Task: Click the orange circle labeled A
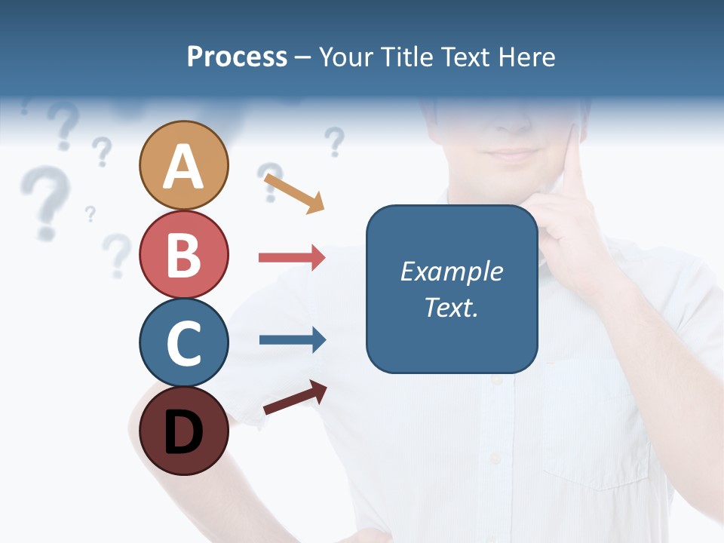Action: pyautogui.click(x=183, y=165)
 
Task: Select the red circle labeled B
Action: pyautogui.click(x=183, y=254)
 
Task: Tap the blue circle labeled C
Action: pyautogui.click(x=183, y=343)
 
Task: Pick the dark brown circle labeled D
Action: pyautogui.click(x=183, y=431)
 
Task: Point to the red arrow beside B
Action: pyautogui.click(x=292, y=258)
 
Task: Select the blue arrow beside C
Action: pyautogui.click(x=292, y=340)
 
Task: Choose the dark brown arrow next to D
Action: pyautogui.click(x=295, y=397)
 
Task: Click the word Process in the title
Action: pyautogui.click(x=237, y=57)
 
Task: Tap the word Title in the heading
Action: pyautogui.click(x=409, y=57)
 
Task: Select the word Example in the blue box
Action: pyautogui.click(x=451, y=271)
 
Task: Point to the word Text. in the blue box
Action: pyautogui.click(x=451, y=307)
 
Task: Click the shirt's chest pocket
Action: pyautogui.click(x=596, y=422)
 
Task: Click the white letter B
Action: pyautogui.click(x=183, y=255)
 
